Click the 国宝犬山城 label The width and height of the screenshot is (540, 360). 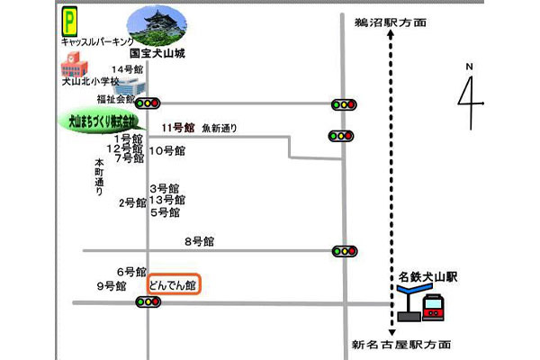pos(157,54)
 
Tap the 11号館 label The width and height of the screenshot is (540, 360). pos(178,128)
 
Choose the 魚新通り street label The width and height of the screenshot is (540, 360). pos(220,128)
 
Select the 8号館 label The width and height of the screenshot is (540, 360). pos(199,241)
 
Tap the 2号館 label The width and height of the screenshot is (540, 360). pos(131,202)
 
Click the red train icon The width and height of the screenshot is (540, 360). pos(434,306)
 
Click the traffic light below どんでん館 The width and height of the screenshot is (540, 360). pos(148,301)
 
